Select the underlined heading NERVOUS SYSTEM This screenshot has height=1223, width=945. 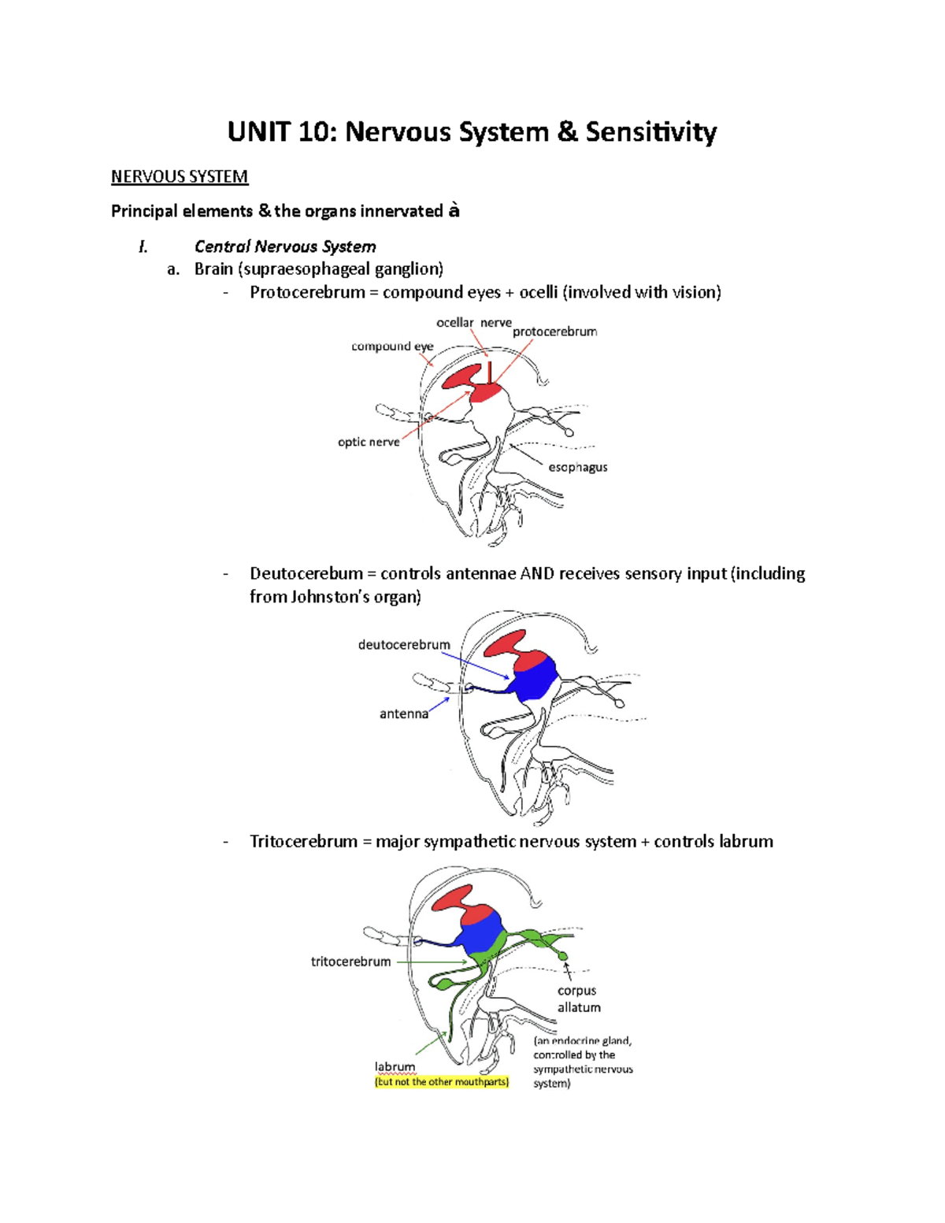(x=180, y=176)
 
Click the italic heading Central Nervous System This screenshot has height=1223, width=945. (x=284, y=246)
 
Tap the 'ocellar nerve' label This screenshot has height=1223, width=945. (x=473, y=323)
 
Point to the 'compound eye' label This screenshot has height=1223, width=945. (x=392, y=347)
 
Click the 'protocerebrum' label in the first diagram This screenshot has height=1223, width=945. (x=554, y=332)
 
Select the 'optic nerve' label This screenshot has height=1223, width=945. (x=369, y=442)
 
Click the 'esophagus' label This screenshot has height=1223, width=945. (x=577, y=467)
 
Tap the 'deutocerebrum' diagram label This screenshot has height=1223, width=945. (x=404, y=644)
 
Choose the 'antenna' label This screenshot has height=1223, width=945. (x=404, y=713)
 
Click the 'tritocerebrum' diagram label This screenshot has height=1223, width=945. (x=350, y=962)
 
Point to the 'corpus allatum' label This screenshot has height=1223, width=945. (x=578, y=999)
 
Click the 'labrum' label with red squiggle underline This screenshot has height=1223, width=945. (x=395, y=1067)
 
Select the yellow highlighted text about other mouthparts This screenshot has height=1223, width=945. (x=442, y=1082)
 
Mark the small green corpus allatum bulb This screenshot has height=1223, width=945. (x=563, y=956)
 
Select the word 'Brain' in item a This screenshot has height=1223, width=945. (x=213, y=269)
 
